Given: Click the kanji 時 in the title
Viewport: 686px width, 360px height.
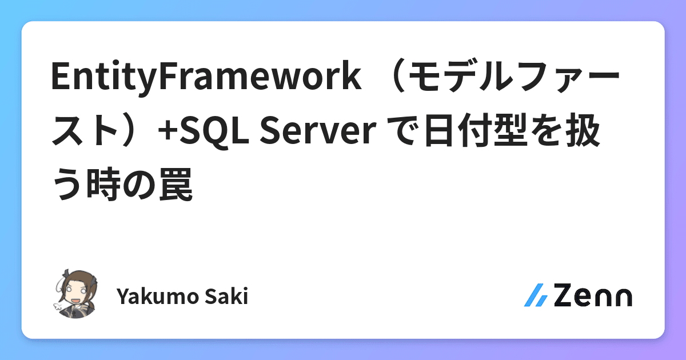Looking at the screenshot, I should coord(105,187).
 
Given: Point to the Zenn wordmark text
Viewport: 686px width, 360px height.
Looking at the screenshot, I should coord(593,295).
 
